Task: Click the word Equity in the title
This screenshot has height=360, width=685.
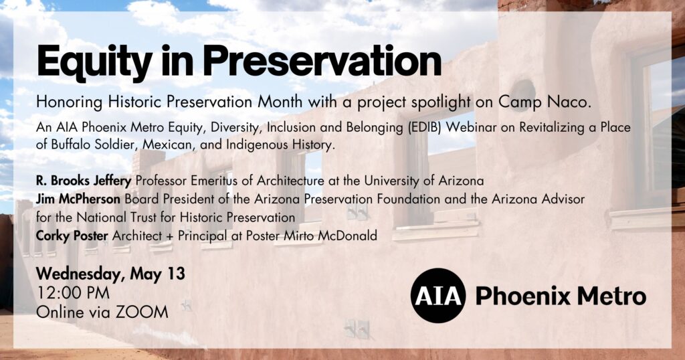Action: click(x=94, y=62)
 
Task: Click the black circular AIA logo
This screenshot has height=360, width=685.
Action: click(x=437, y=296)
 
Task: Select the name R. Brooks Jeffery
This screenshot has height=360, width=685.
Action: click(x=84, y=181)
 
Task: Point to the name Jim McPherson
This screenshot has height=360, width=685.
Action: click(x=78, y=199)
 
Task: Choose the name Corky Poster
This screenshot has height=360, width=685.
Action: click(x=72, y=236)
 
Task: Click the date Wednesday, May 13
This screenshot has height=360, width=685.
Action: click(x=110, y=274)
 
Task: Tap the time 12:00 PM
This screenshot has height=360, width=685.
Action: click(x=73, y=292)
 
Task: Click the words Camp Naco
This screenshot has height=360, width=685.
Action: click(x=545, y=102)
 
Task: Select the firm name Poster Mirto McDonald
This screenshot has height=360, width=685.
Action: click(x=312, y=236)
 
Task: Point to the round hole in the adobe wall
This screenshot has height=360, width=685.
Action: click(x=523, y=90)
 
